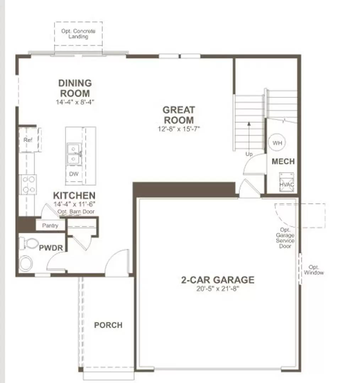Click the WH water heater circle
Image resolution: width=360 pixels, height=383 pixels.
tap(277, 143)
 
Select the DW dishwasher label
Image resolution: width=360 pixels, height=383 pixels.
tap(74, 174)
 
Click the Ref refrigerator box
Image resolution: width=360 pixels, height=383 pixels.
tap(28, 140)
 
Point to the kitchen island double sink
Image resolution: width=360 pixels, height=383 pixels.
tap(73, 154)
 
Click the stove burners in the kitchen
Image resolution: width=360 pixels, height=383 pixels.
tap(28, 185)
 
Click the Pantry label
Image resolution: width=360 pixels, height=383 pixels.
tap(50, 226)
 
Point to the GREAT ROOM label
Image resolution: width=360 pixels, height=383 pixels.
tap(179, 115)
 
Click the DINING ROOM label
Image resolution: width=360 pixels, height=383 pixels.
tap(75, 88)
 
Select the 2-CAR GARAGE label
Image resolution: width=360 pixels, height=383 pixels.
tap(218, 280)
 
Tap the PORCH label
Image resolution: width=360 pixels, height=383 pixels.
tap(108, 325)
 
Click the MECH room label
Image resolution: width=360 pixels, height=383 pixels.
tap(283, 161)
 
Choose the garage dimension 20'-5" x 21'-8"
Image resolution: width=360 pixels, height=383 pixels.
tap(218, 289)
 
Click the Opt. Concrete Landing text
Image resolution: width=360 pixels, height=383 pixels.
tap(78, 34)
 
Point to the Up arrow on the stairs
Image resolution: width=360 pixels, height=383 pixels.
tap(249, 138)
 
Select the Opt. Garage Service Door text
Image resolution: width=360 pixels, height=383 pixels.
tap(285, 238)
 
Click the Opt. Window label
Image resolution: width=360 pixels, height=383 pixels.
tap(314, 270)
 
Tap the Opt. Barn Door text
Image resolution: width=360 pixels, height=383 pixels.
tap(76, 212)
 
